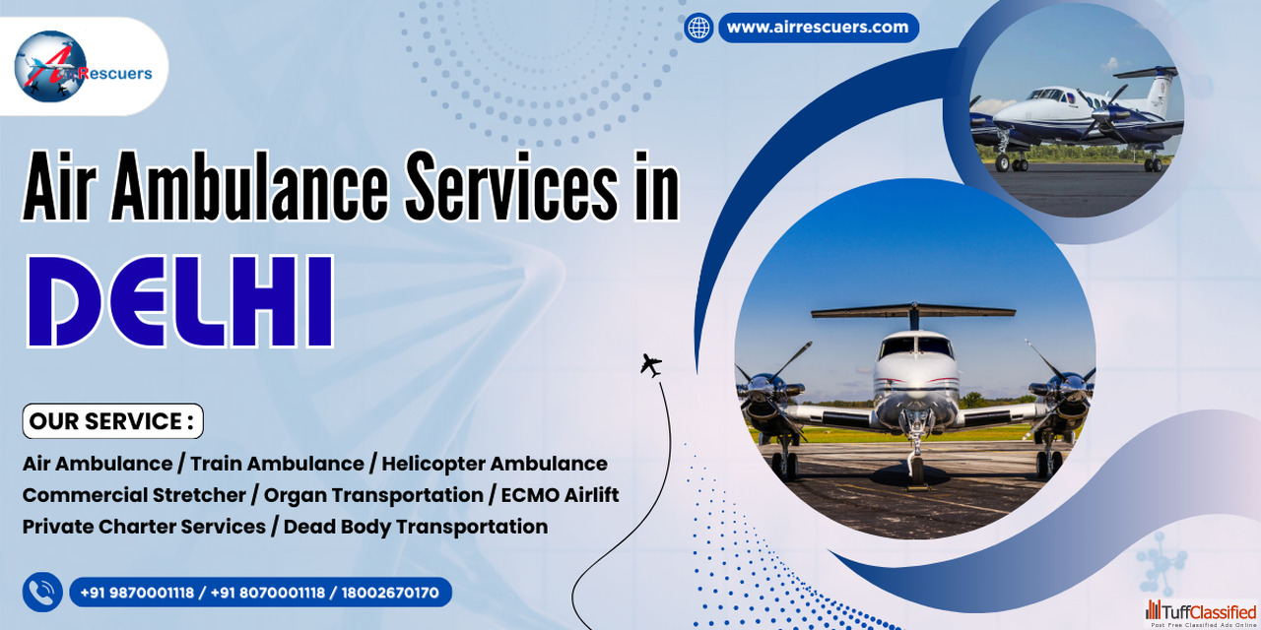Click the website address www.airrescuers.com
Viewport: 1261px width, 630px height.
818,27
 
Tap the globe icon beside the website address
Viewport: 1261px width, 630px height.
698,28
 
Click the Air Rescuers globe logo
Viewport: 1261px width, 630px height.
50,66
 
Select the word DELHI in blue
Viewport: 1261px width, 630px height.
180,301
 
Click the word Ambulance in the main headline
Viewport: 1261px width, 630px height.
249,186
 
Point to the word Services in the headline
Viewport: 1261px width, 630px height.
511,186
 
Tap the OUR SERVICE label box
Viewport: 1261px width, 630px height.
112,420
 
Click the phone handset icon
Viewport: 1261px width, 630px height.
42,592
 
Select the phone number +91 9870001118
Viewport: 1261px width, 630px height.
137,593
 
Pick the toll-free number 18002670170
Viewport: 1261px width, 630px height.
390,593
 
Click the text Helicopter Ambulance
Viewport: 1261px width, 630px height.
495,464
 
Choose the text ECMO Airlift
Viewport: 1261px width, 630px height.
560,495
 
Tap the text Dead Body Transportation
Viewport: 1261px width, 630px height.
416,527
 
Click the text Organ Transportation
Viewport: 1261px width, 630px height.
373,495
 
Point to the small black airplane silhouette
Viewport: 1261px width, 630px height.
651,365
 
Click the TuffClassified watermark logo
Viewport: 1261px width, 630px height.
1201,613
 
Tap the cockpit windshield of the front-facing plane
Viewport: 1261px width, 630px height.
915,346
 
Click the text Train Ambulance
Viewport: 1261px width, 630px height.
277,464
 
